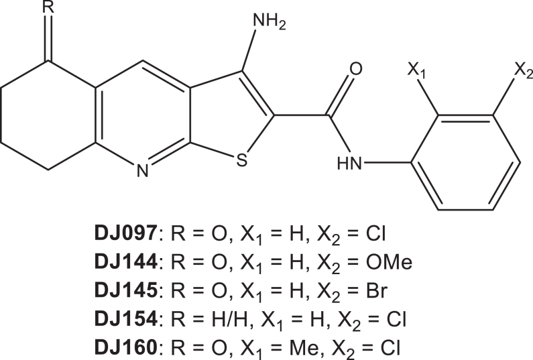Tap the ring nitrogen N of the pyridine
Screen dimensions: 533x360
point(141,172)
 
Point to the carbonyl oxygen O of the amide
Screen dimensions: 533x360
point(356,68)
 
